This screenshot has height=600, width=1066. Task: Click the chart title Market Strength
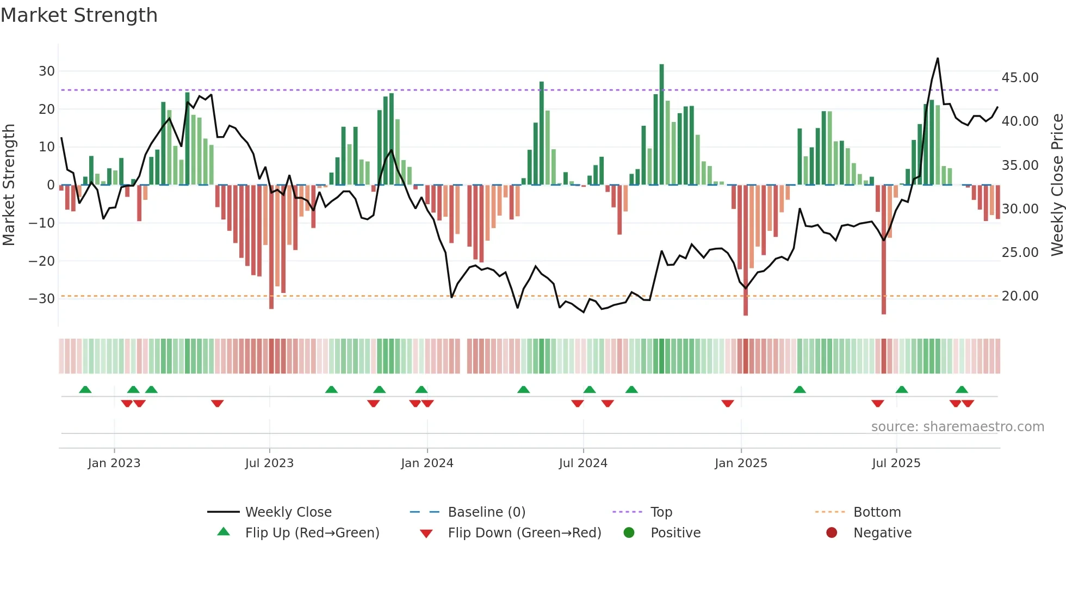point(79,15)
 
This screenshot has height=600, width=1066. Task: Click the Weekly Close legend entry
point(288,512)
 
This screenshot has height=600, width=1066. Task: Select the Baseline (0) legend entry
point(486,512)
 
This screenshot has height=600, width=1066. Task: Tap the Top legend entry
point(661,512)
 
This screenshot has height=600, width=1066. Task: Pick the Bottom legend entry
point(877,512)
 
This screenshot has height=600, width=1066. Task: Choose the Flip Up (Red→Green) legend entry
point(312,533)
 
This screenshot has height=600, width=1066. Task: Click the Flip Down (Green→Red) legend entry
point(524,533)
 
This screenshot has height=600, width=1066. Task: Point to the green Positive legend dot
point(629,533)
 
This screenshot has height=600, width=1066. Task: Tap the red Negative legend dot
point(832,533)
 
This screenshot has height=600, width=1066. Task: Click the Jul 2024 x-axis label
point(583,463)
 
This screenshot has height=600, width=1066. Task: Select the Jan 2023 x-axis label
point(114,463)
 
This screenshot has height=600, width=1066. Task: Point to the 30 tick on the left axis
point(47,71)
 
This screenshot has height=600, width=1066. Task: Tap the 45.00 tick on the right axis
point(1020,78)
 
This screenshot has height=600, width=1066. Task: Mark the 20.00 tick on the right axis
point(1020,296)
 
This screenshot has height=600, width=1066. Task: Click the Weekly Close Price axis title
point(1057,185)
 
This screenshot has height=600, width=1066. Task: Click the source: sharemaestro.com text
point(957,427)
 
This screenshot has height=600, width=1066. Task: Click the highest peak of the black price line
point(938,59)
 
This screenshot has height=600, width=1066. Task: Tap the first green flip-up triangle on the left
point(85,389)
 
